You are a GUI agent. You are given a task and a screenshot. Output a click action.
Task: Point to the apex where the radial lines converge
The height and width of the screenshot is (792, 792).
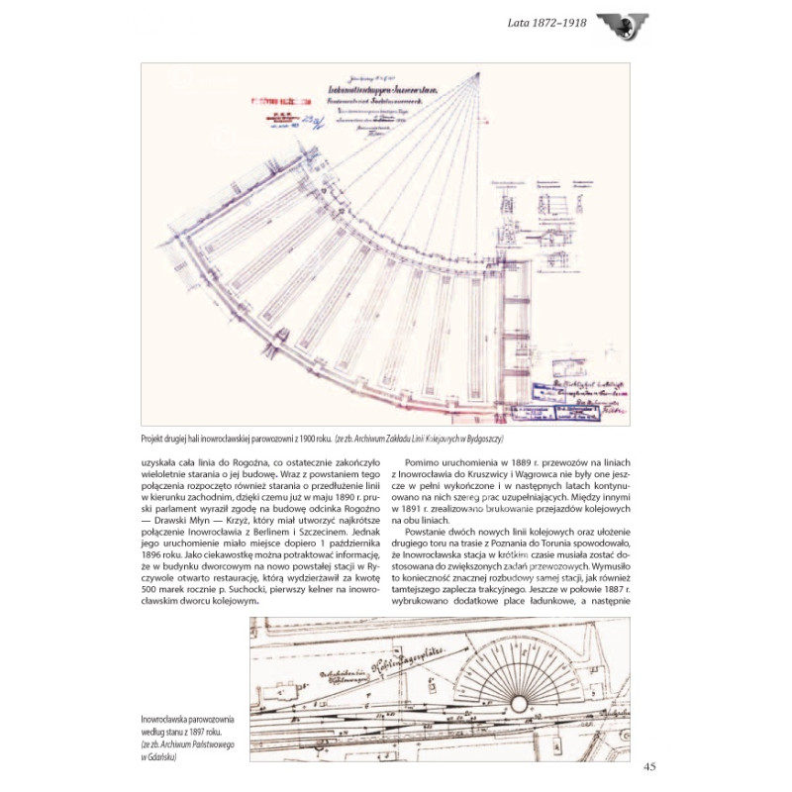point(478,71)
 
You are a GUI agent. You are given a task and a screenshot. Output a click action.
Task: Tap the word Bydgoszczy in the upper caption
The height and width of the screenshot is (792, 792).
point(484,438)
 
